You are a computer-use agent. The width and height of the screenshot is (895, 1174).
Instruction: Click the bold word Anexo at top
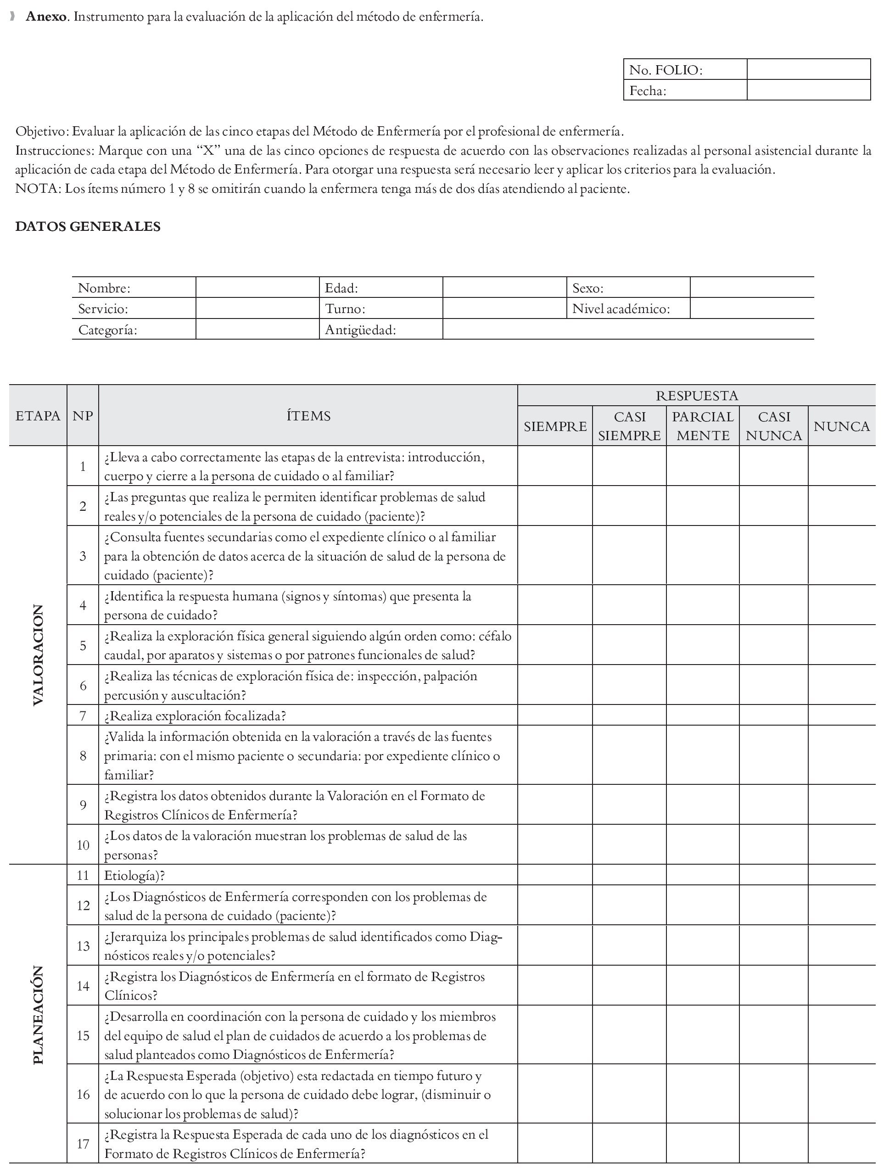(46, 17)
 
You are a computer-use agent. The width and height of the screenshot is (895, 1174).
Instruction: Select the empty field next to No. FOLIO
(808, 70)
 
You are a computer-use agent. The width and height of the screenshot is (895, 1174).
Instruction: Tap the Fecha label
(648, 90)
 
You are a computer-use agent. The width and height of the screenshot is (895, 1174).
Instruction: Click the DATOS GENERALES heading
(88, 226)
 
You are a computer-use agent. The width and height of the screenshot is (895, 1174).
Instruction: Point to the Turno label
(345, 309)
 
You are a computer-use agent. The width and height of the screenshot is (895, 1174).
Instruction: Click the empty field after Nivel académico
(751, 309)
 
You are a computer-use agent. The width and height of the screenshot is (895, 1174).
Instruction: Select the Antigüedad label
(360, 330)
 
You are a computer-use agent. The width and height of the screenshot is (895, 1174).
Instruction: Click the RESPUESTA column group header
(696, 396)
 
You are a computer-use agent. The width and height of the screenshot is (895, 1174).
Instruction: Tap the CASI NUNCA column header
(773, 426)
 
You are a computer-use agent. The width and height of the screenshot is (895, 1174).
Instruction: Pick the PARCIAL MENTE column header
(703, 426)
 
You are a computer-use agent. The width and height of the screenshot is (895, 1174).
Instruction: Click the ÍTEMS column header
(308, 416)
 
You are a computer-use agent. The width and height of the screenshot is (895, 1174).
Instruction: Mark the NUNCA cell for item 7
(842, 716)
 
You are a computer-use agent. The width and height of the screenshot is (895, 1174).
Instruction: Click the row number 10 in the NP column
(83, 845)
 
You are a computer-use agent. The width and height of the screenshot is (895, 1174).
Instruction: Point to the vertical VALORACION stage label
(38, 655)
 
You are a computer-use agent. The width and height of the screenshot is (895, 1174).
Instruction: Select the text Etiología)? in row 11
(134, 876)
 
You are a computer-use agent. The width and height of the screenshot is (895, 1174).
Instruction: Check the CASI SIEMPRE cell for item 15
(629, 1035)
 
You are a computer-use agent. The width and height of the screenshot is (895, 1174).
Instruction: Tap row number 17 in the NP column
(83, 1144)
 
